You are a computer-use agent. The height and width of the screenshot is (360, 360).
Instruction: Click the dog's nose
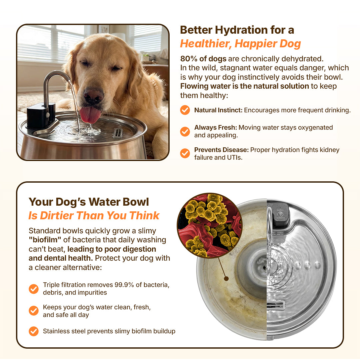pyautogui.click(x=93, y=95)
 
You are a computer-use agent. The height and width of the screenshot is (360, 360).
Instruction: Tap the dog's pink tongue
pyautogui.click(x=90, y=115)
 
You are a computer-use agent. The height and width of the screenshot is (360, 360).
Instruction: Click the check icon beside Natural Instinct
pyautogui.click(x=185, y=110)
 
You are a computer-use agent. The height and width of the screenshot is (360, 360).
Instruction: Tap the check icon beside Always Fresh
pyautogui.click(x=185, y=132)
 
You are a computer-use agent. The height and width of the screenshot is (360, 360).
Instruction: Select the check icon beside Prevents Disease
pyautogui.click(x=185, y=153)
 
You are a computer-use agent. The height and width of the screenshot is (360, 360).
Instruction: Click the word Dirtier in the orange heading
pyautogui.click(x=56, y=215)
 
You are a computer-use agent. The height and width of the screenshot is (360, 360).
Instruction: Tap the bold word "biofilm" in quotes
pyautogui.click(x=45, y=240)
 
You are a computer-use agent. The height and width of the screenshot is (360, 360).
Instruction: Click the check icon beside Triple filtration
pyautogui.click(x=34, y=289)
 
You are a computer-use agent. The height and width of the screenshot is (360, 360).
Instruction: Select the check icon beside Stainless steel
pyautogui.click(x=34, y=331)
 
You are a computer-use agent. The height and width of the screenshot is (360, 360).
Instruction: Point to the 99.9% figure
pyautogui.click(x=124, y=285)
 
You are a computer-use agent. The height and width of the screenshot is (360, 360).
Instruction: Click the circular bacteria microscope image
pyautogui.click(x=209, y=225)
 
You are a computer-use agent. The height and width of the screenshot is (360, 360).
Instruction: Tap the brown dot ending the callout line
pyautogui.click(x=226, y=279)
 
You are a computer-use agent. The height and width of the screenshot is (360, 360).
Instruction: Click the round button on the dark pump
pyautogui.click(x=280, y=214)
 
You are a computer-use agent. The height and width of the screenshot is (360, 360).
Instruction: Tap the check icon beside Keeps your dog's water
pyautogui.click(x=34, y=311)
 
